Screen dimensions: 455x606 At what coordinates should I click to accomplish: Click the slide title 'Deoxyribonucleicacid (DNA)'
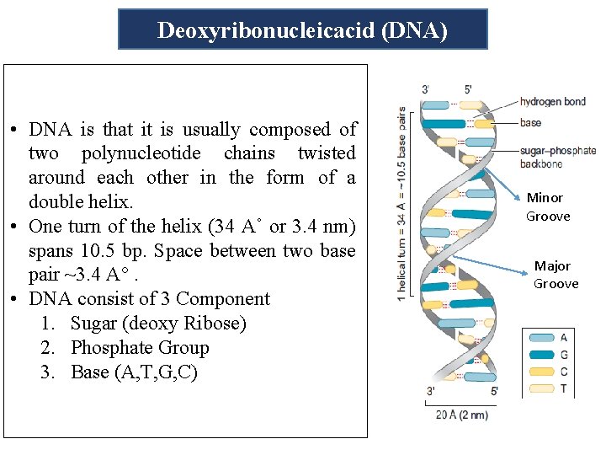pos(302,31)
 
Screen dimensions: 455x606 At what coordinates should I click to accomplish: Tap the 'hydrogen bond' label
pos(552,102)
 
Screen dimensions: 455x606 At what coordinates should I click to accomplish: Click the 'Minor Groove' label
pos(548,206)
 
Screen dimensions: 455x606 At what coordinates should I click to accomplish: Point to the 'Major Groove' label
pos(555,275)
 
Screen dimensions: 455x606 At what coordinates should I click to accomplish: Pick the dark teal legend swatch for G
pos(540,355)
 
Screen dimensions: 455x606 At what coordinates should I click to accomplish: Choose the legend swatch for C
pos(540,372)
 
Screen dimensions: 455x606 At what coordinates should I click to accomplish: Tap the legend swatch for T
pos(540,388)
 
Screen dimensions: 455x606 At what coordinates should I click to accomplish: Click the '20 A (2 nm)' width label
pos(461,415)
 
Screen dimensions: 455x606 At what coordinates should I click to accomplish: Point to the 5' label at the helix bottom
pos(493,390)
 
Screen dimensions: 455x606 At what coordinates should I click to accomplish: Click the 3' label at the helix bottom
pos(431,390)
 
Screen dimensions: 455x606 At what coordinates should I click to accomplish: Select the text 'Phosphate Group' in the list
pos(140,347)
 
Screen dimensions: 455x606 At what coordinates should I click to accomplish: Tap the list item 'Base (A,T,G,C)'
pos(134,372)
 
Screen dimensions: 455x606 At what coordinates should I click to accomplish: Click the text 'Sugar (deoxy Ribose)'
pos(158,324)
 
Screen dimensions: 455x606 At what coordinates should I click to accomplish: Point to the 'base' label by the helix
pos(530,123)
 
